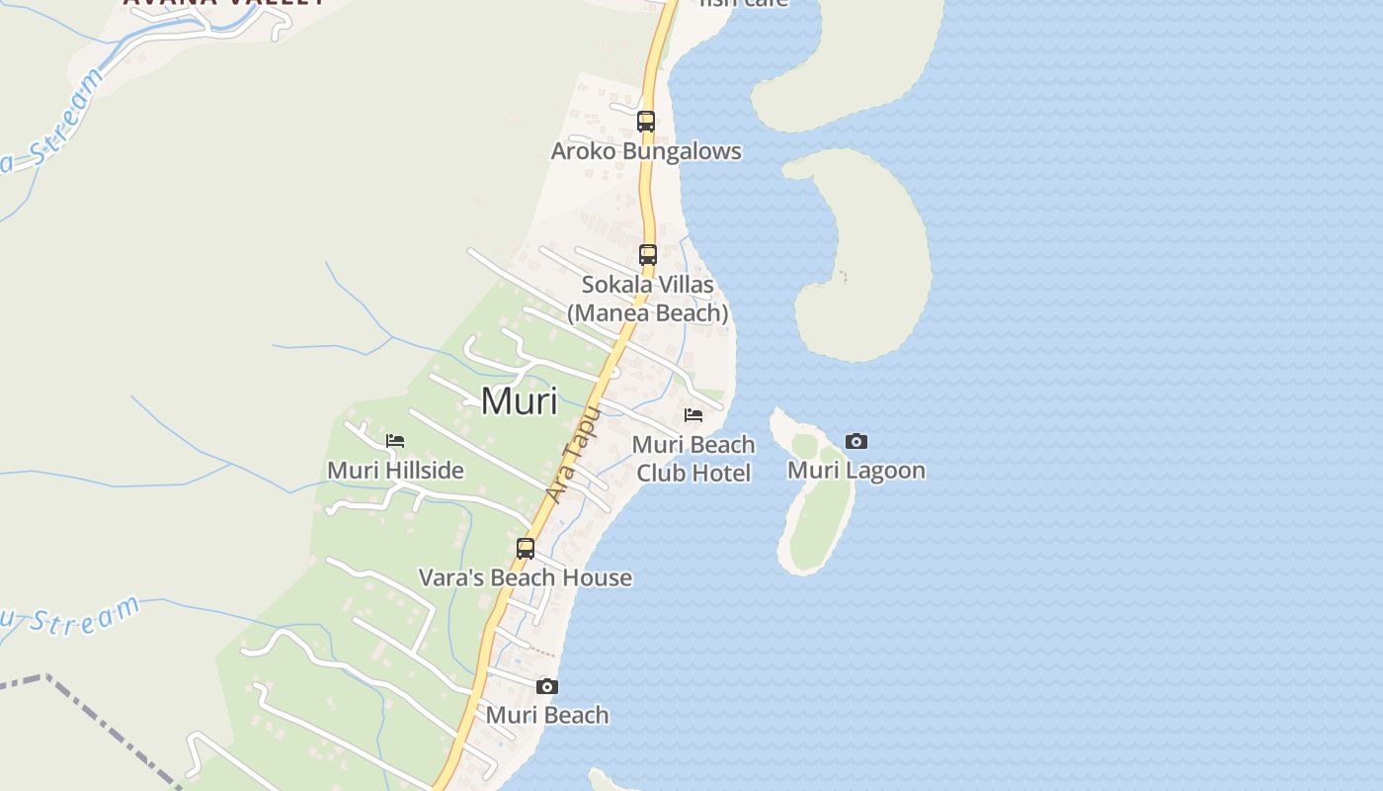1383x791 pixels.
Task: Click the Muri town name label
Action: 519,400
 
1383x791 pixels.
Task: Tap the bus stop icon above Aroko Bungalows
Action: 646,122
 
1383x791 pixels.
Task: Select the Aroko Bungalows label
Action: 646,151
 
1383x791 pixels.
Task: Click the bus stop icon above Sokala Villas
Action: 648,254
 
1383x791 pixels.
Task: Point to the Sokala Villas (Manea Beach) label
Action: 648,299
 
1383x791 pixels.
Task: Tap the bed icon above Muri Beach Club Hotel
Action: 693,414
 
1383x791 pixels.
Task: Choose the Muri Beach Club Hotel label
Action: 693,459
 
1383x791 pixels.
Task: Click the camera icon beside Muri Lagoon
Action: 856,441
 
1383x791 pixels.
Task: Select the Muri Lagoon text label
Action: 856,470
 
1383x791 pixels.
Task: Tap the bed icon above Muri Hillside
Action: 395,440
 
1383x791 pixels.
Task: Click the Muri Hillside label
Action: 395,470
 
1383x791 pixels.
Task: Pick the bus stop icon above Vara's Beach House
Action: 526,548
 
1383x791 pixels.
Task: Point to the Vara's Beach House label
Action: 526,577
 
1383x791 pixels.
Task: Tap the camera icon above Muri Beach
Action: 547,686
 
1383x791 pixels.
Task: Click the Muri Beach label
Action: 547,715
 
